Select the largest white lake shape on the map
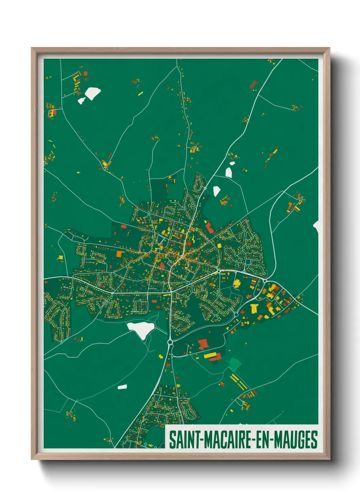click(x=141, y=329)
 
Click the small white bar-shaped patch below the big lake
click(x=122, y=387)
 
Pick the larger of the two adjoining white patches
click(x=93, y=93)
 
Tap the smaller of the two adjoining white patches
click(x=81, y=100)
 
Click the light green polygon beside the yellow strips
click(x=235, y=364)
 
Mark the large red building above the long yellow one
click(x=203, y=344)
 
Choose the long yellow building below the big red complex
click(x=210, y=356)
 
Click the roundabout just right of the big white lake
click(x=170, y=342)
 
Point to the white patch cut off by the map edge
click(x=316, y=226)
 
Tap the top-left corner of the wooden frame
click(x=32, y=48)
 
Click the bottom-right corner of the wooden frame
click(x=329, y=459)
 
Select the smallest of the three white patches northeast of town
click(x=232, y=163)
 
